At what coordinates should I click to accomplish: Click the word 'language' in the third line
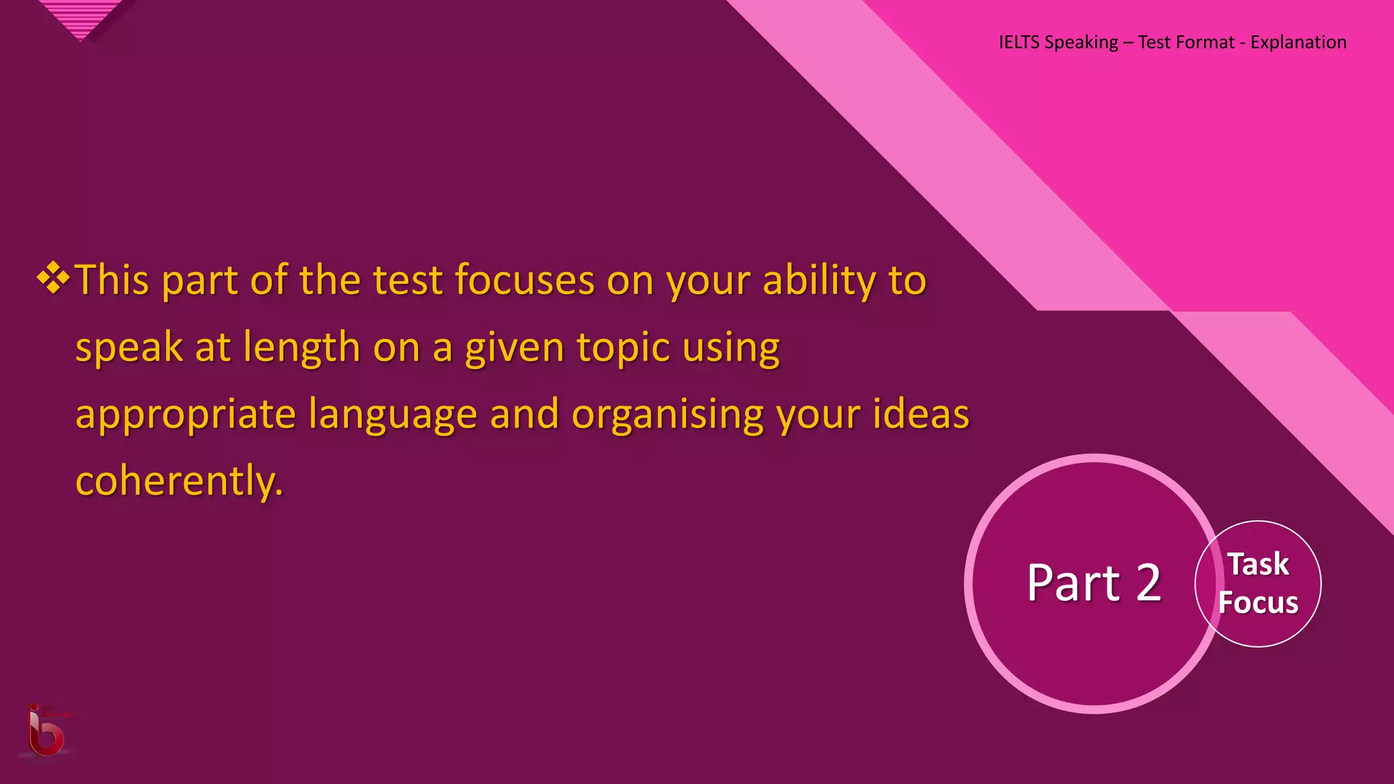pyautogui.click(x=393, y=414)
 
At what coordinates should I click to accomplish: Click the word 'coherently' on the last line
pyautogui.click(x=178, y=480)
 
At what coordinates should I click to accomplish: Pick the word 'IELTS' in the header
pyautogui.click(x=1019, y=42)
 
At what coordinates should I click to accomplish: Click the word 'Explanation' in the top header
pyautogui.click(x=1298, y=42)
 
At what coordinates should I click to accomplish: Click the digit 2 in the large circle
pyautogui.click(x=1148, y=583)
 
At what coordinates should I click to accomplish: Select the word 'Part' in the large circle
pyautogui.click(x=1073, y=583)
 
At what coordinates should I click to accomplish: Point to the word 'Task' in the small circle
pyautogui.click(x=1258, y=564)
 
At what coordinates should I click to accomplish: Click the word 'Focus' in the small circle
pyautogui.click(x=1258, y=603)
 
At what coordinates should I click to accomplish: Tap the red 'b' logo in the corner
pyautogui.click(x=46, y=732)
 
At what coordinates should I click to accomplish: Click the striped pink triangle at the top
pyautogui.click(x=82, y=18)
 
